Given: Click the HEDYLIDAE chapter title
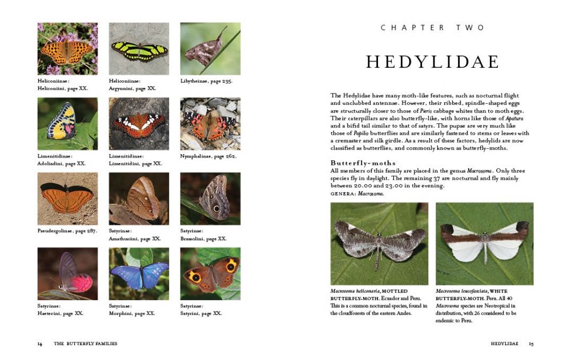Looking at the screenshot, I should click(x=432, y=62).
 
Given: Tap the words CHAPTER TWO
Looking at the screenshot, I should click(x=432, y=27).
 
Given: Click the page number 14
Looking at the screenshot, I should click(x=40, y=344).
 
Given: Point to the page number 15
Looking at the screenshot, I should click(x=531, y=344).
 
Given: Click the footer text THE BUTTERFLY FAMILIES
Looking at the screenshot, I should click(x=86, y=344).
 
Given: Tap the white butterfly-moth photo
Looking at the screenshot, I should click(x=484, y=244).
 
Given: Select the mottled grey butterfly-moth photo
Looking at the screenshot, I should click(x=379, y=244).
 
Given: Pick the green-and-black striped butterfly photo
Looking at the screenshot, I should click(x=139, y=49).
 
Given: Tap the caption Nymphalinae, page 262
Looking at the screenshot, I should click(x=208, y=156).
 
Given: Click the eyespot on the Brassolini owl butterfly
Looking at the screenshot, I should click(x=216, y=208).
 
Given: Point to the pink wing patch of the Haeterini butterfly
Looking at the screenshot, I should click(x=80, y=282).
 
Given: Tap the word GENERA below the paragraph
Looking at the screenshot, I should click(x=342, y=193).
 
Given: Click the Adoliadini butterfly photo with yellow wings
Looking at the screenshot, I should click(x=67, y=124).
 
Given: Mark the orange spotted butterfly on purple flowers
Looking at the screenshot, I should click(x=67, y=49).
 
